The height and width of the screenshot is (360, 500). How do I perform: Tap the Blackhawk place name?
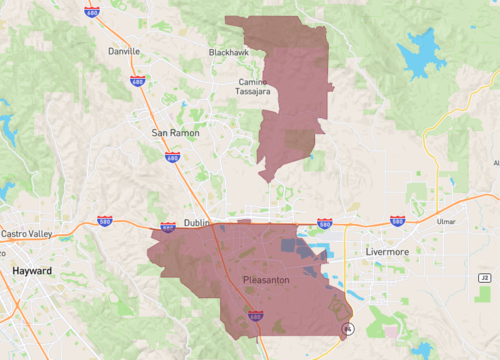click(228, 51)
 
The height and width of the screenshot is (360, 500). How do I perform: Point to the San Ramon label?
click(175, 132)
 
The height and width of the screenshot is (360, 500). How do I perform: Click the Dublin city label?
click(195, 223)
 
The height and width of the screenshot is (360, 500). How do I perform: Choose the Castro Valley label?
click(28, 233)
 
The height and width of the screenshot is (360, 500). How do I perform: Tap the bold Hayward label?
click(32, 271)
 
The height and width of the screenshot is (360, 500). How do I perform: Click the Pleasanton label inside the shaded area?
click(266, 280)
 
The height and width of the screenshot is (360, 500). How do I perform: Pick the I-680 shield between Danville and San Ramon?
click(137, 81)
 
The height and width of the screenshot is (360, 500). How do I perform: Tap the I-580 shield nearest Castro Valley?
click(104, 221)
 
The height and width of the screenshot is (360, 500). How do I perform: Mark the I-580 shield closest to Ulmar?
click(397, 220)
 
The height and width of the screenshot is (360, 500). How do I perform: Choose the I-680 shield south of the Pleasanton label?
click(256, 316)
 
